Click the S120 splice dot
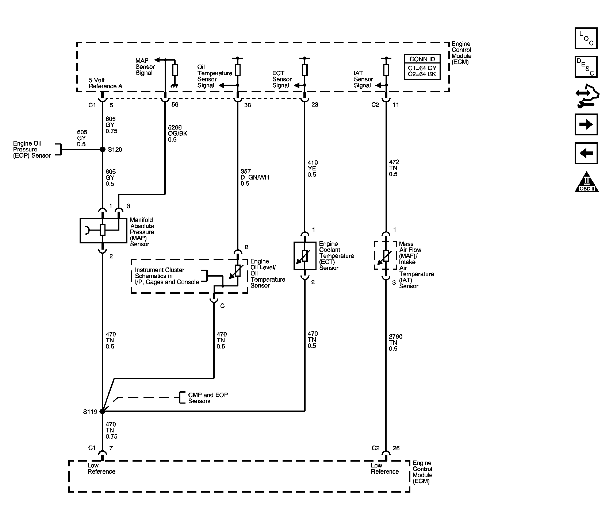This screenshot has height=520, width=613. click(x=103, y=149)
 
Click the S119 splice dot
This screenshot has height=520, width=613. click(x=102, y=411)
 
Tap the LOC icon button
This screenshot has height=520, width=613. click(x=586, y=38)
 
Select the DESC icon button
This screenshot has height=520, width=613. click(x=586, y=67)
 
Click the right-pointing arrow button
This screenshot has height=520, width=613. click(x=586, y=125)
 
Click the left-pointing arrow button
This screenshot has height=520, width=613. click(x=586, y=153)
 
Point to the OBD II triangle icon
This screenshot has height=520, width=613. click(x=587, y=182)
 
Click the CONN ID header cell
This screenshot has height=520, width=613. click(x=422, y=59)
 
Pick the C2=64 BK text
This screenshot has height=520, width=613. click(x=422, y=74)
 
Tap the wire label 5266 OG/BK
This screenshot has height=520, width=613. click(x=178, y=133)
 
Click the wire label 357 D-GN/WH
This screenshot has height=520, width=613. click(x=255, y=177)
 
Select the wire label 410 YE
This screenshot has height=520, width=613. click(x=313, y=169)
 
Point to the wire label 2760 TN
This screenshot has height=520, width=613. click(x=396, y=343)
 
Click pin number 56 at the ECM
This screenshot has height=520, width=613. click(x=175, y=105)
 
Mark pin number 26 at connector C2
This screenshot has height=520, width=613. click(x=396, y=448)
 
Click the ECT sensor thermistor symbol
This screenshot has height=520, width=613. click(x=305, y=256)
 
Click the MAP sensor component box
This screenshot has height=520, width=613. click(x=103, y=230)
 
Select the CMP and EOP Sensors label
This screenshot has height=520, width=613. click(x=208, y=398)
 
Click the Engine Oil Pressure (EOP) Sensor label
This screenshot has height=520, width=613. click(x=32, y=149)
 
